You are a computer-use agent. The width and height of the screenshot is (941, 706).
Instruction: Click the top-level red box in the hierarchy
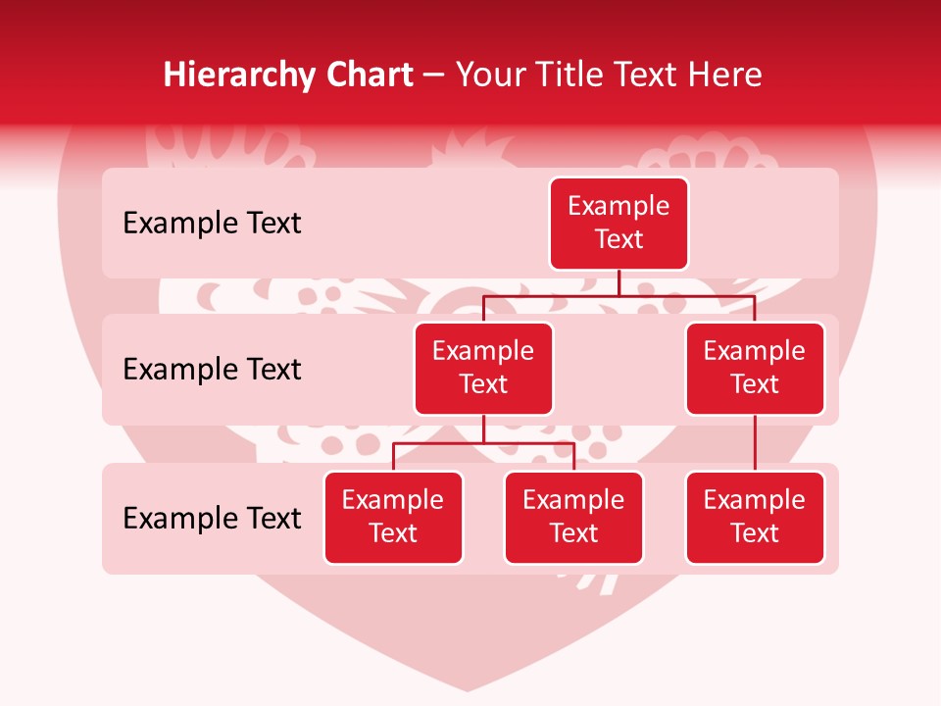619,223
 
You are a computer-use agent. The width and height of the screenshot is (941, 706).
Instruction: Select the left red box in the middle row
483,368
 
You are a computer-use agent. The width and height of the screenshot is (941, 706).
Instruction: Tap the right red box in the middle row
755,368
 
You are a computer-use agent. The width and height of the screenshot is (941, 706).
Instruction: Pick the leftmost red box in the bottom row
393,517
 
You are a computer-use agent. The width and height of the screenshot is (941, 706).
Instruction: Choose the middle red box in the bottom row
573,517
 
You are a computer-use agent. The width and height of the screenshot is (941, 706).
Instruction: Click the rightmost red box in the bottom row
755,517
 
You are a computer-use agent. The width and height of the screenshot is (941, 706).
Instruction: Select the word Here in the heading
725,75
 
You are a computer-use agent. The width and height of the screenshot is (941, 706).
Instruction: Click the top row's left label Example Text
212,223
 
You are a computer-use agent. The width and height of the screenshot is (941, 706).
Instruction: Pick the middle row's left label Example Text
212,369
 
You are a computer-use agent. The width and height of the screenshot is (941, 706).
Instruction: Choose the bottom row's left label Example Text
212,518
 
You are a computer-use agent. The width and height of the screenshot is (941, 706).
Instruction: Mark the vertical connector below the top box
619,282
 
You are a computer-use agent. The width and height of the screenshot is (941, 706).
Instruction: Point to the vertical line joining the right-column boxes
755,442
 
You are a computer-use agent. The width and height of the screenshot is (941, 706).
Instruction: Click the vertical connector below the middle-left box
483,429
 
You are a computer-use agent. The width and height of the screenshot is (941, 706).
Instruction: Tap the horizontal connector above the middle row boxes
619,296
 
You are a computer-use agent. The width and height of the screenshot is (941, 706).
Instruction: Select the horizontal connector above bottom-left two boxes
483,443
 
